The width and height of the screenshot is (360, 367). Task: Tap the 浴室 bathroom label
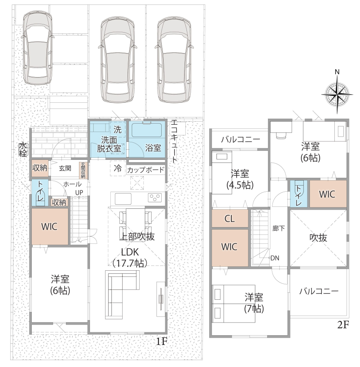[153, 148]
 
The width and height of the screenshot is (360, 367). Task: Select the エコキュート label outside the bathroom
[174, 141]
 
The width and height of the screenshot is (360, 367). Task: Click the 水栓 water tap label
[23, 149]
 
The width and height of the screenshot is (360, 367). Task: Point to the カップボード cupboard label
[146, 170]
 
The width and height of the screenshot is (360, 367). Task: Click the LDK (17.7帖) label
[130, 257]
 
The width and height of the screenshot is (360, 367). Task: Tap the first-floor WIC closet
[50, 226]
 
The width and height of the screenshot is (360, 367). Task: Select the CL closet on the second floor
[230, 219]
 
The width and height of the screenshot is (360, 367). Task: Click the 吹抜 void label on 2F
[318, 238]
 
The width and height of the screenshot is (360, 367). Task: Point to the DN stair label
[275, 258]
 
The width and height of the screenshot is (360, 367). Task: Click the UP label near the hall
[79, 192]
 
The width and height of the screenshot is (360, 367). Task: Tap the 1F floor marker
[162, 342]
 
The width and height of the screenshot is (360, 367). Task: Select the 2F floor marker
[343, 325]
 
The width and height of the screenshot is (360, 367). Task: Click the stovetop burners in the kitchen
[155, 197]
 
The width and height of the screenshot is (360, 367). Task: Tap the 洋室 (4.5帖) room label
[240, 179]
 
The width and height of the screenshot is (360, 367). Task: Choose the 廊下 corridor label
[279, 228]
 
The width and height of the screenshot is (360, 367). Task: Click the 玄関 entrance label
[65, 168]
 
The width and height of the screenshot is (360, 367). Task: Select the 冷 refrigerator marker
[118, 168]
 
